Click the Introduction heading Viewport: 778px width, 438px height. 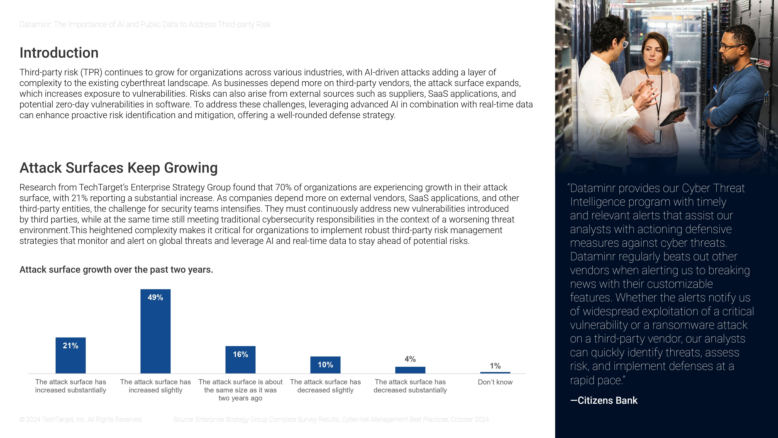pyautogui.click(x=59, y=53)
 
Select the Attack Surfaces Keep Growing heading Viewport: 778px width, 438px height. pyautogui.click(x=118, y=168)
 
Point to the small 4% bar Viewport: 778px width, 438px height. pyautogui.click(x=410, y=370)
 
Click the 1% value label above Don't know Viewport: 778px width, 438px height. pyautogui.click(x=495, y=366)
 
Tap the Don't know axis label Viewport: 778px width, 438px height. pyautogui.click(x=495, y=382)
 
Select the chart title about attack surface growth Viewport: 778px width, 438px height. pyautogui.click(x=116, y=270)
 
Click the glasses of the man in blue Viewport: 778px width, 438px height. pyautogui.click(x=731, y=47)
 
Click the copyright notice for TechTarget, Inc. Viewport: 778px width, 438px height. pyautogui.click(x=81, y=420)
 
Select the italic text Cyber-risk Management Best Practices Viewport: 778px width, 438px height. pyautogui.click(x=395, y=420)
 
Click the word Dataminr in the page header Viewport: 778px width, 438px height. pyautogui.click(x=35, y=25)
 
